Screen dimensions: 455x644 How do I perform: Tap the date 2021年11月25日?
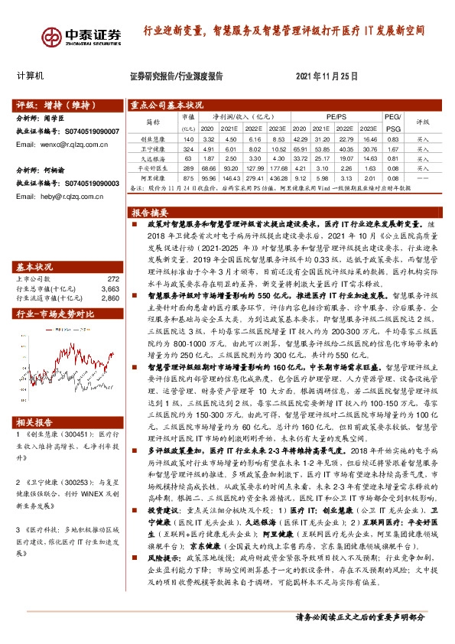[x=326, y=76]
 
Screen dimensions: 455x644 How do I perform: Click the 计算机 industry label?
[x=31, y=76]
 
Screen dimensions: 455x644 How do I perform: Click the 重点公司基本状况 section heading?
[x=167, y=106]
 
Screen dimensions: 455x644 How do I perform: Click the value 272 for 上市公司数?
[x=114, y=279]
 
